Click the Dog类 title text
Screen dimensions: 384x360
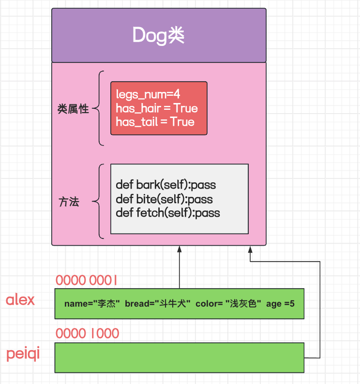point(159,35)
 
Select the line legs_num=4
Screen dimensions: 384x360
point(141,95)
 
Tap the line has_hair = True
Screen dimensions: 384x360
point(156,108)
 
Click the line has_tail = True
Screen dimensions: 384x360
point(155,122)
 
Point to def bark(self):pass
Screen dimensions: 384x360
point(165,185)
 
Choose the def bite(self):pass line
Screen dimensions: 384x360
point(164,199)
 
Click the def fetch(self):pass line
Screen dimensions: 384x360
point(167,212)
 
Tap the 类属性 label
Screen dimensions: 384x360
point(73,109)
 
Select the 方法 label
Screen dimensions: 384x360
point(68,202)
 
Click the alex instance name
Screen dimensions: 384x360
point(20,300)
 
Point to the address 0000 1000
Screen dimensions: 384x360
point(87,334)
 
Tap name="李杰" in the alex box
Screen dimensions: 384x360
point(92,304)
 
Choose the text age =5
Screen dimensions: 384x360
point(280,304)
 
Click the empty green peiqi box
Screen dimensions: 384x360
point(179,357)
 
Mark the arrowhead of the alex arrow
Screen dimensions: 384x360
point(180,250)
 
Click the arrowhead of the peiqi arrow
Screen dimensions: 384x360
point(250,250)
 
